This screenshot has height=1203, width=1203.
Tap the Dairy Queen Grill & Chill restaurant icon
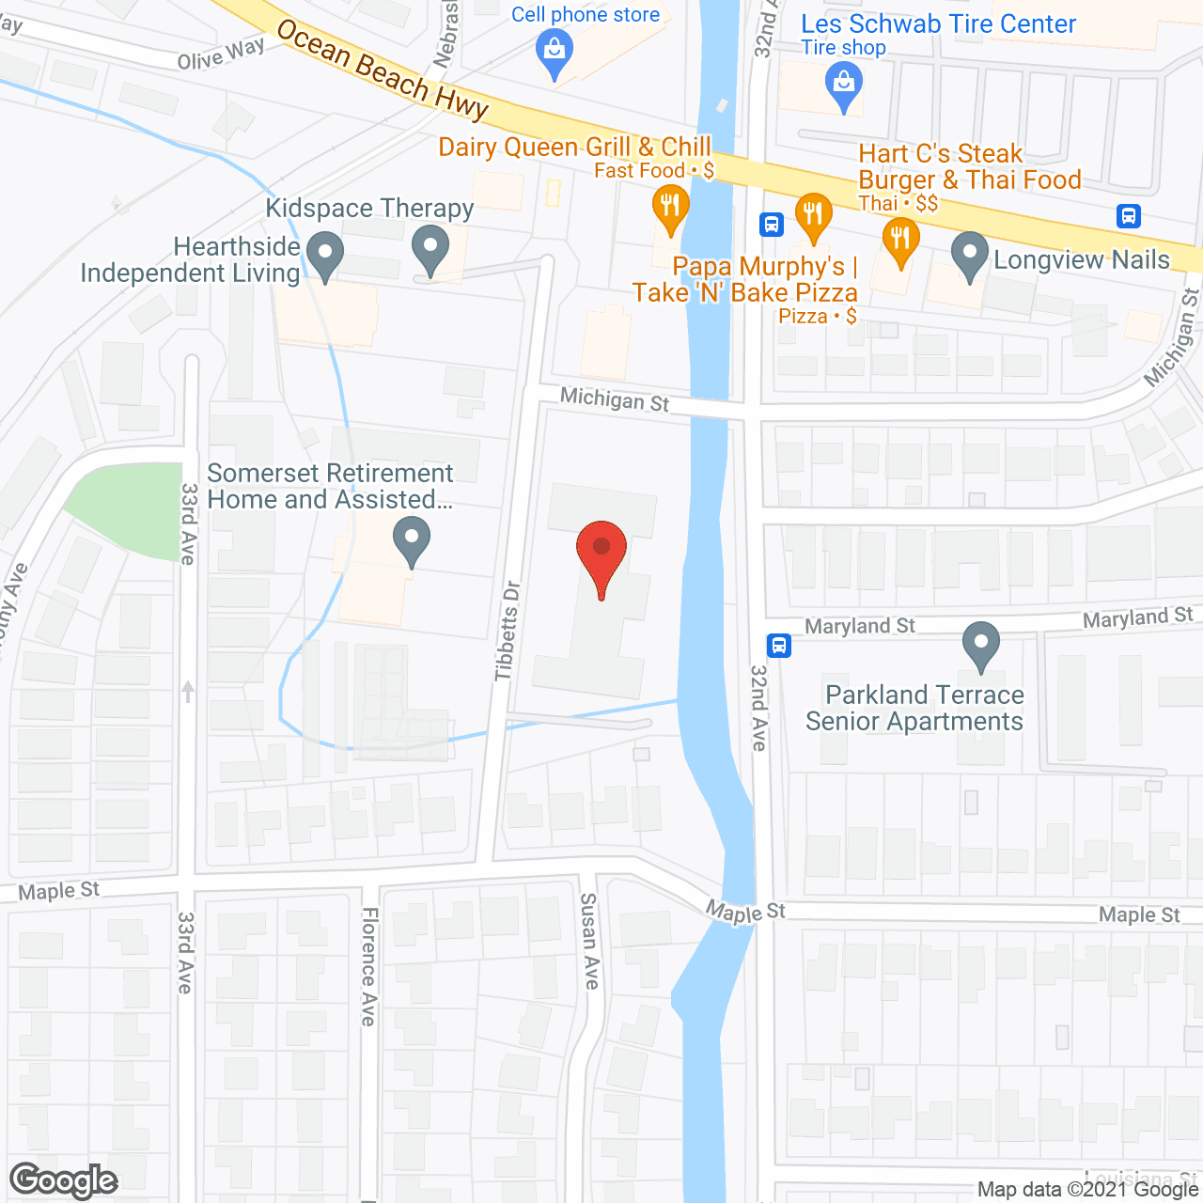[x=670, y=208]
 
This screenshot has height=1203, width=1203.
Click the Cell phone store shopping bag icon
[x=555, y=52]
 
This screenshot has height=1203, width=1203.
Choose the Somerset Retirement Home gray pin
[x=411, y=539]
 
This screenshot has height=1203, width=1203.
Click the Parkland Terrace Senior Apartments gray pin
[x=980, y=646]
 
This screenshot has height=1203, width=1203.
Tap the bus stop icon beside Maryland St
[x=778, y=646]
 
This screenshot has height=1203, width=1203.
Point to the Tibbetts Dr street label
[x=508, y=631]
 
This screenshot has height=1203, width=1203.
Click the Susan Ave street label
[x=589, y=941]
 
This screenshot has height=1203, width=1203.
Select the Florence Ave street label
[x=369, y=966]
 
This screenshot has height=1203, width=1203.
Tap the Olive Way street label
[x=221, y=55]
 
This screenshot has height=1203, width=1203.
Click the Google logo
[x=64, y=1180]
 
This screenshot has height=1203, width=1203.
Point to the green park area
[x=127, y=508]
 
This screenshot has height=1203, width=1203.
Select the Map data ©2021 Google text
[x=1087, y=1190]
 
